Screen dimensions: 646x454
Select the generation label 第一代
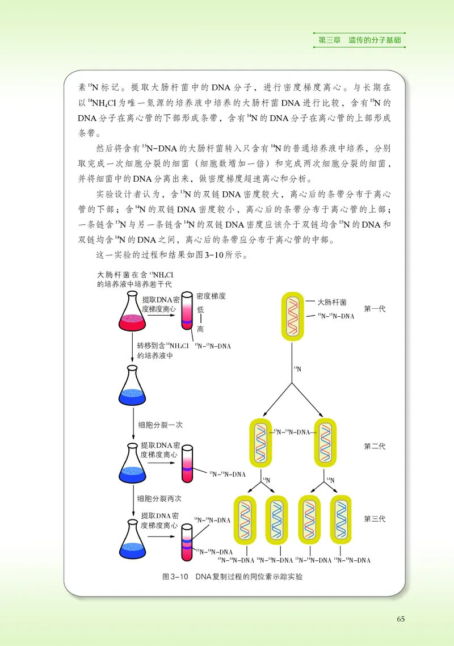tap(375, 309)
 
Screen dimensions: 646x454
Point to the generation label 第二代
tap(375, 446)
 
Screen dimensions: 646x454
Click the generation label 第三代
tap(375, 519)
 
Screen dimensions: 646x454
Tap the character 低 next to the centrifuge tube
tap(200, 309)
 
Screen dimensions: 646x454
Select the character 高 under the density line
tap(200, 330)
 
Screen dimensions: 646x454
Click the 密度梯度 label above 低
tap(211, 296)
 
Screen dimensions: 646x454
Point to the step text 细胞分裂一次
tap(160, 424)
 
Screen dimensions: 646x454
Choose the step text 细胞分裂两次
tap(160, 498)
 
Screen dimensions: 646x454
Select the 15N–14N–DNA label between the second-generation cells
tap(292, 432)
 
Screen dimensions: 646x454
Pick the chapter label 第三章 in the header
tap(330, 40)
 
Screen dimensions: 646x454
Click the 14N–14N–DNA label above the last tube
tap(212, 520)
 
